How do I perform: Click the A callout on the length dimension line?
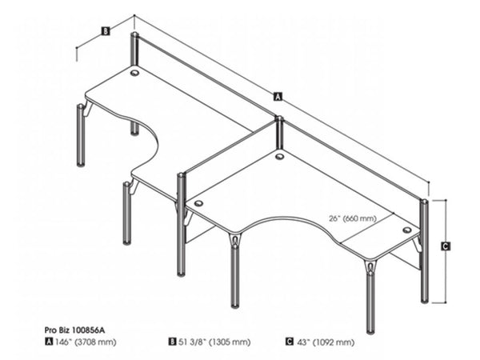pyautogui.click(x=278, y=96)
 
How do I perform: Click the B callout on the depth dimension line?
pyautogui.click(x=105, y=31)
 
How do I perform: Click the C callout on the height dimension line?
pyautogui.click(x=446, y=246)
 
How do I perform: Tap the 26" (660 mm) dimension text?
pyautogui.click(x=353, y=218)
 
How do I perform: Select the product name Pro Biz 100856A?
pyautogui.click(x=74, y=330)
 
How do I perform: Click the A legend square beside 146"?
pyautogui.click(x=49, y=342)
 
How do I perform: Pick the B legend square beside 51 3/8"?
pyautogui.click(x=173, y=342)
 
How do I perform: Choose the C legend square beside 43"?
pyautogui.click(x=290, y=342)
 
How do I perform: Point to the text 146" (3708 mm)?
pyautogui.click(x=86, y=342)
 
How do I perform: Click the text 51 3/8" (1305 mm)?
pyautogui.click(x=214, y=342)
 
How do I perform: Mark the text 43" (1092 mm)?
pyautogui.click(x=326, y=342)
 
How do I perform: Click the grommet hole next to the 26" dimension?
pyautogui.click(x=407, y=230)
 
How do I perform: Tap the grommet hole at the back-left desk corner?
pyautogui.click(x=134, y=73)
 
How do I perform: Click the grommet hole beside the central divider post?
pyautogui.click(x=279, y=157)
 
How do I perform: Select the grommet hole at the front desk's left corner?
pyautogui.click(x=198, y=203)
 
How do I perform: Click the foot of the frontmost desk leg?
pyautogui.click(x=371, y=331)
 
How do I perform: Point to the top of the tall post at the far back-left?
pyautogui.click(x=134, y=34)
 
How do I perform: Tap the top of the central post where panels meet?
pyautogui.click(x=279, y=118)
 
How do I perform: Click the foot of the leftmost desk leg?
pyautogui.click(x=81, y=165)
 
